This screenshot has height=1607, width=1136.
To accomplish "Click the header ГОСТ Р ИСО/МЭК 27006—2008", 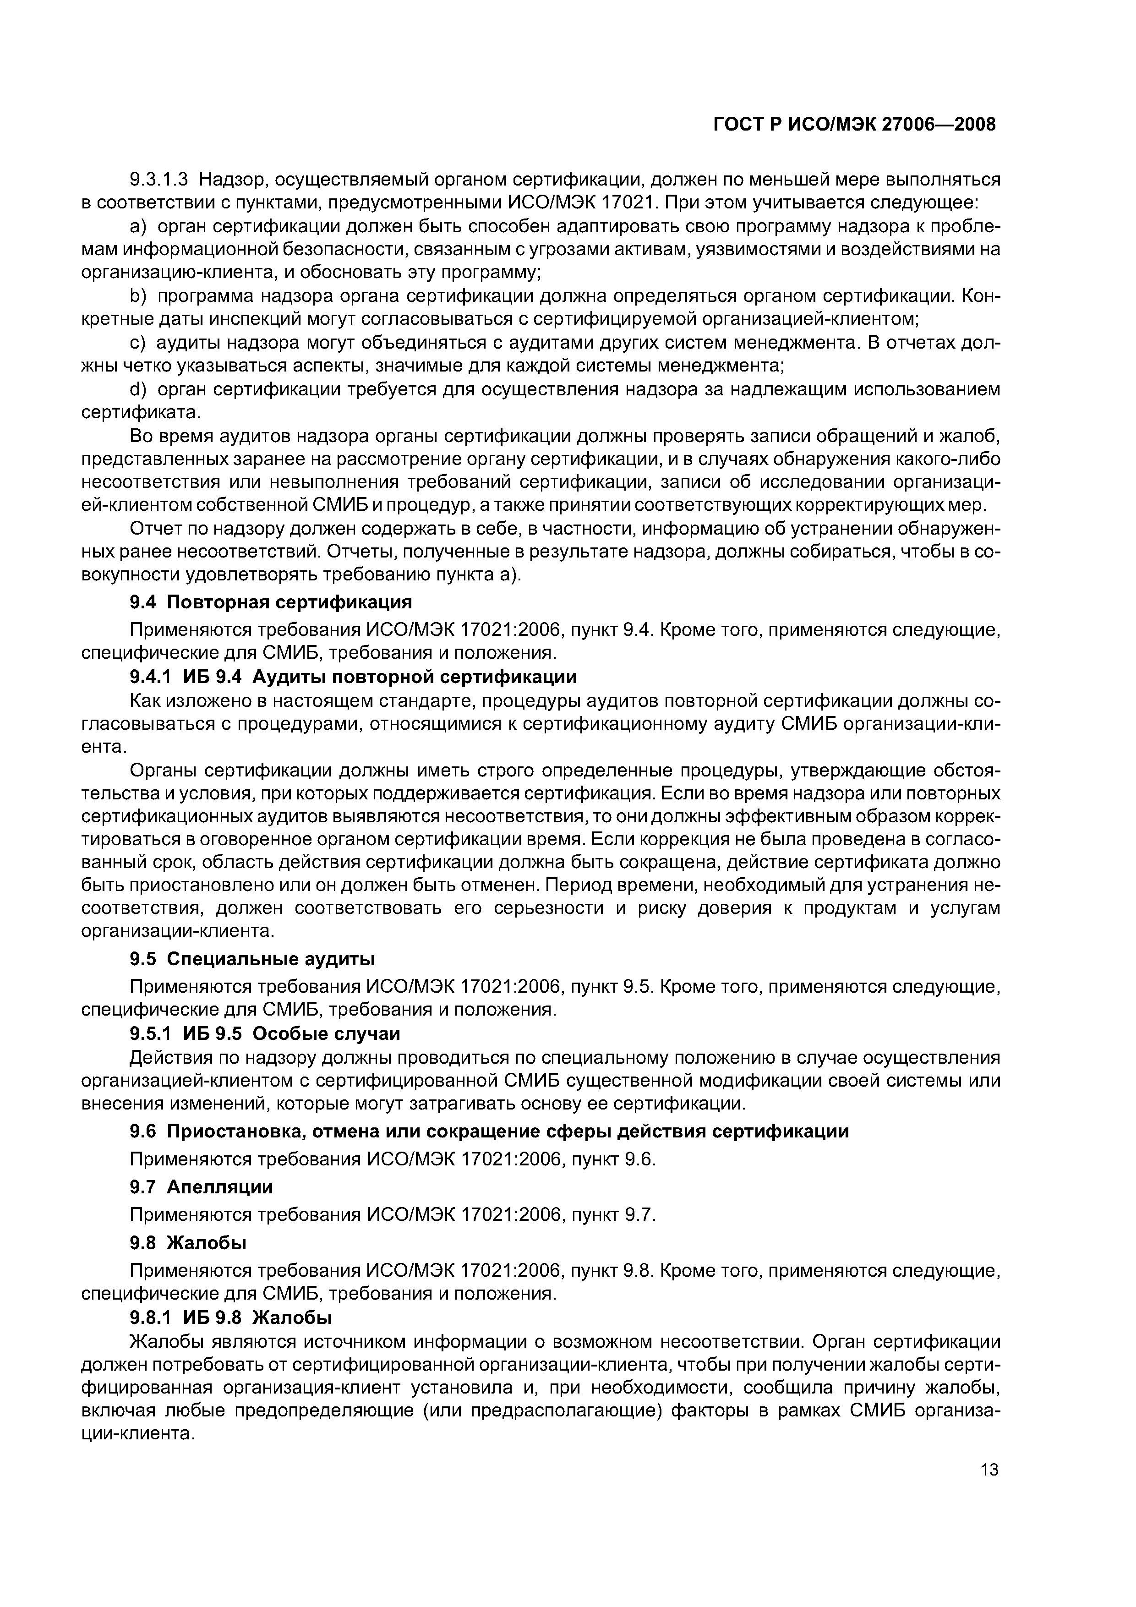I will [x=854, y=125].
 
